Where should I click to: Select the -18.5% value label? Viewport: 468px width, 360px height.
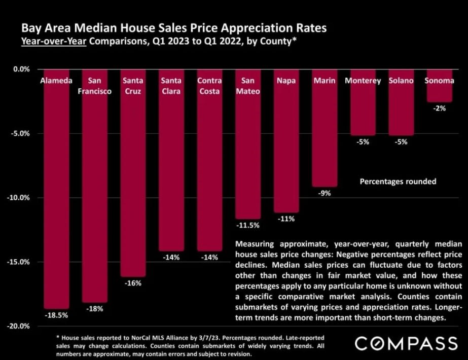click(56, 314)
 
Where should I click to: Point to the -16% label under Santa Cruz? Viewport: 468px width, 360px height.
click(133, 283)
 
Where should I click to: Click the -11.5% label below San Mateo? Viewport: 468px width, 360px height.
click(248, 225)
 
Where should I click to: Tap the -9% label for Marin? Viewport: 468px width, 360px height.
click(325, 193)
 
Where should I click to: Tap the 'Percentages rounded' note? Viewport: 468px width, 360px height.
click(398, 181)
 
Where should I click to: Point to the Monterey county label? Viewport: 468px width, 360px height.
click(363, 81)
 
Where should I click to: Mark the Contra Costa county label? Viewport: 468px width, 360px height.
click(209, 86)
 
